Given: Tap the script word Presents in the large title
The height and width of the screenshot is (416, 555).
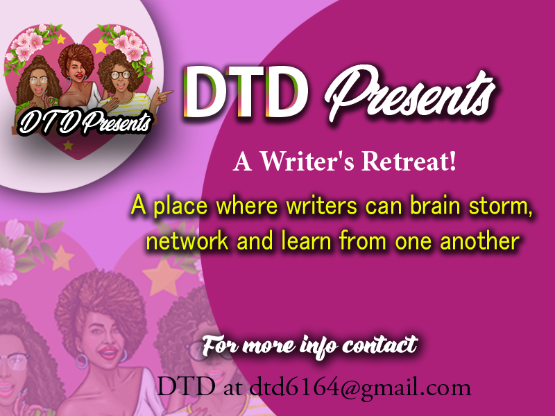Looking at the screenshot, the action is [411, 94].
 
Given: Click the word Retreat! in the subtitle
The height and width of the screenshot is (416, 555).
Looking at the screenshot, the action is [409, 161].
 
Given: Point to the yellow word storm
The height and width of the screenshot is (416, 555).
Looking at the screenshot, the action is [500, 206].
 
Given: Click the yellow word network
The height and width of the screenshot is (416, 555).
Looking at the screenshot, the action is [187, 241].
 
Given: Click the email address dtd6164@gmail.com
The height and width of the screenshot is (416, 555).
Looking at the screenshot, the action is [360, 388].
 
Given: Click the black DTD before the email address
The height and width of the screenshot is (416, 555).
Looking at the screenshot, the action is [185, 386].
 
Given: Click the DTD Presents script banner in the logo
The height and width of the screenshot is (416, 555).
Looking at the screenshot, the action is [85, 123].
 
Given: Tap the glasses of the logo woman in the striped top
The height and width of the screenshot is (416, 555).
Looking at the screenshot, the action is [120, 75].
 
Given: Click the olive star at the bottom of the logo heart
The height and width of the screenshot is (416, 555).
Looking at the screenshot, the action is [68, 145].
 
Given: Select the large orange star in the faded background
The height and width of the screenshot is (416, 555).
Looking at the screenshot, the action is [164, 278].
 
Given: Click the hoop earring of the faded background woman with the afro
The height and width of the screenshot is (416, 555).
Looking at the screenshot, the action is [81, 361].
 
